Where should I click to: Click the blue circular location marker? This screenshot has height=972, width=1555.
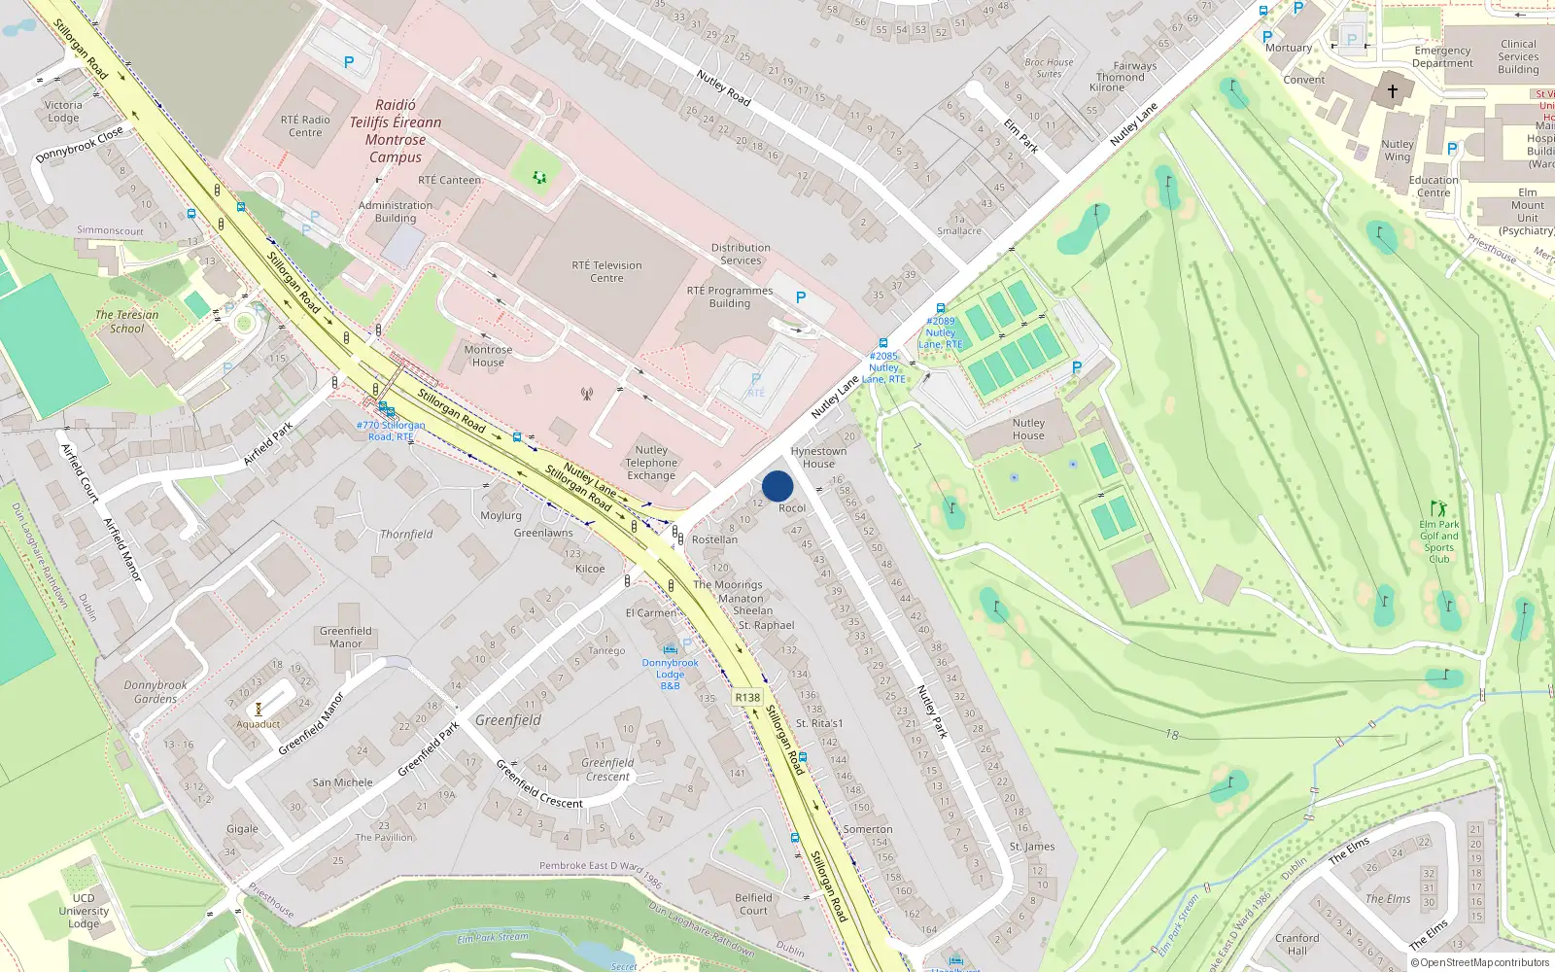(x=777, y=486)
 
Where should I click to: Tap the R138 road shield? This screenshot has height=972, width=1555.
(x=747, y=697)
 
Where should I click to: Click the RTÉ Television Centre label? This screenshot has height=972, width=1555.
(x=606, y=271)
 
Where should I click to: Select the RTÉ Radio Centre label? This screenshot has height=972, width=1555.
(x=305, y=126)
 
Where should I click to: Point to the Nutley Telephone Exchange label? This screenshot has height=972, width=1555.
(x=651, y=463)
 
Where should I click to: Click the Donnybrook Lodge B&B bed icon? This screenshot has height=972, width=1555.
(x=670, y=649)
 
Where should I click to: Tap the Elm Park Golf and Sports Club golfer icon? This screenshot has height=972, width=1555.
(x=1438, y=508)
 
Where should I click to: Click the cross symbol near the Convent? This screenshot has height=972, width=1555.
(x=1392, y=91)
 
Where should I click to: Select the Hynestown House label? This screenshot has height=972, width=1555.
(x=818, y=457)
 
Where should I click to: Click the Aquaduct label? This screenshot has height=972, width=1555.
(x=259, y=724)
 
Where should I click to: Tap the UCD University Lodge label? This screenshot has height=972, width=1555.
(x=84, y=911)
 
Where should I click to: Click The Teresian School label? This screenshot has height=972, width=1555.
(x=126, y=322)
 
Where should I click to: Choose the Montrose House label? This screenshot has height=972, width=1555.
(x=488, y=356)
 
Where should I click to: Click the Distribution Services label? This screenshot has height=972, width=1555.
(x=741, y=254)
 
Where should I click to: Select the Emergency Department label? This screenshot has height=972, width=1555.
(x=1442, y=56)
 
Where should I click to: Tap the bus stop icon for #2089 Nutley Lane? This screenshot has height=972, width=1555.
(x=940, y=308)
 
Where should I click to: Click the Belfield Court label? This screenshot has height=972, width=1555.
(x=753, y=904)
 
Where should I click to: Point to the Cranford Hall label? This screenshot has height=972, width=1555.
(x=1297, y=944)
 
